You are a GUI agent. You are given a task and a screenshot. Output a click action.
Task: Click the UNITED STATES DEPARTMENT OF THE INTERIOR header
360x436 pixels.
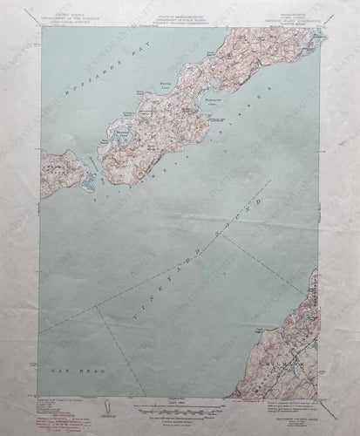coord(71,17)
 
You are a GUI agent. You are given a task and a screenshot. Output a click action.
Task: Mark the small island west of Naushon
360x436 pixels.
coord(66,169)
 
